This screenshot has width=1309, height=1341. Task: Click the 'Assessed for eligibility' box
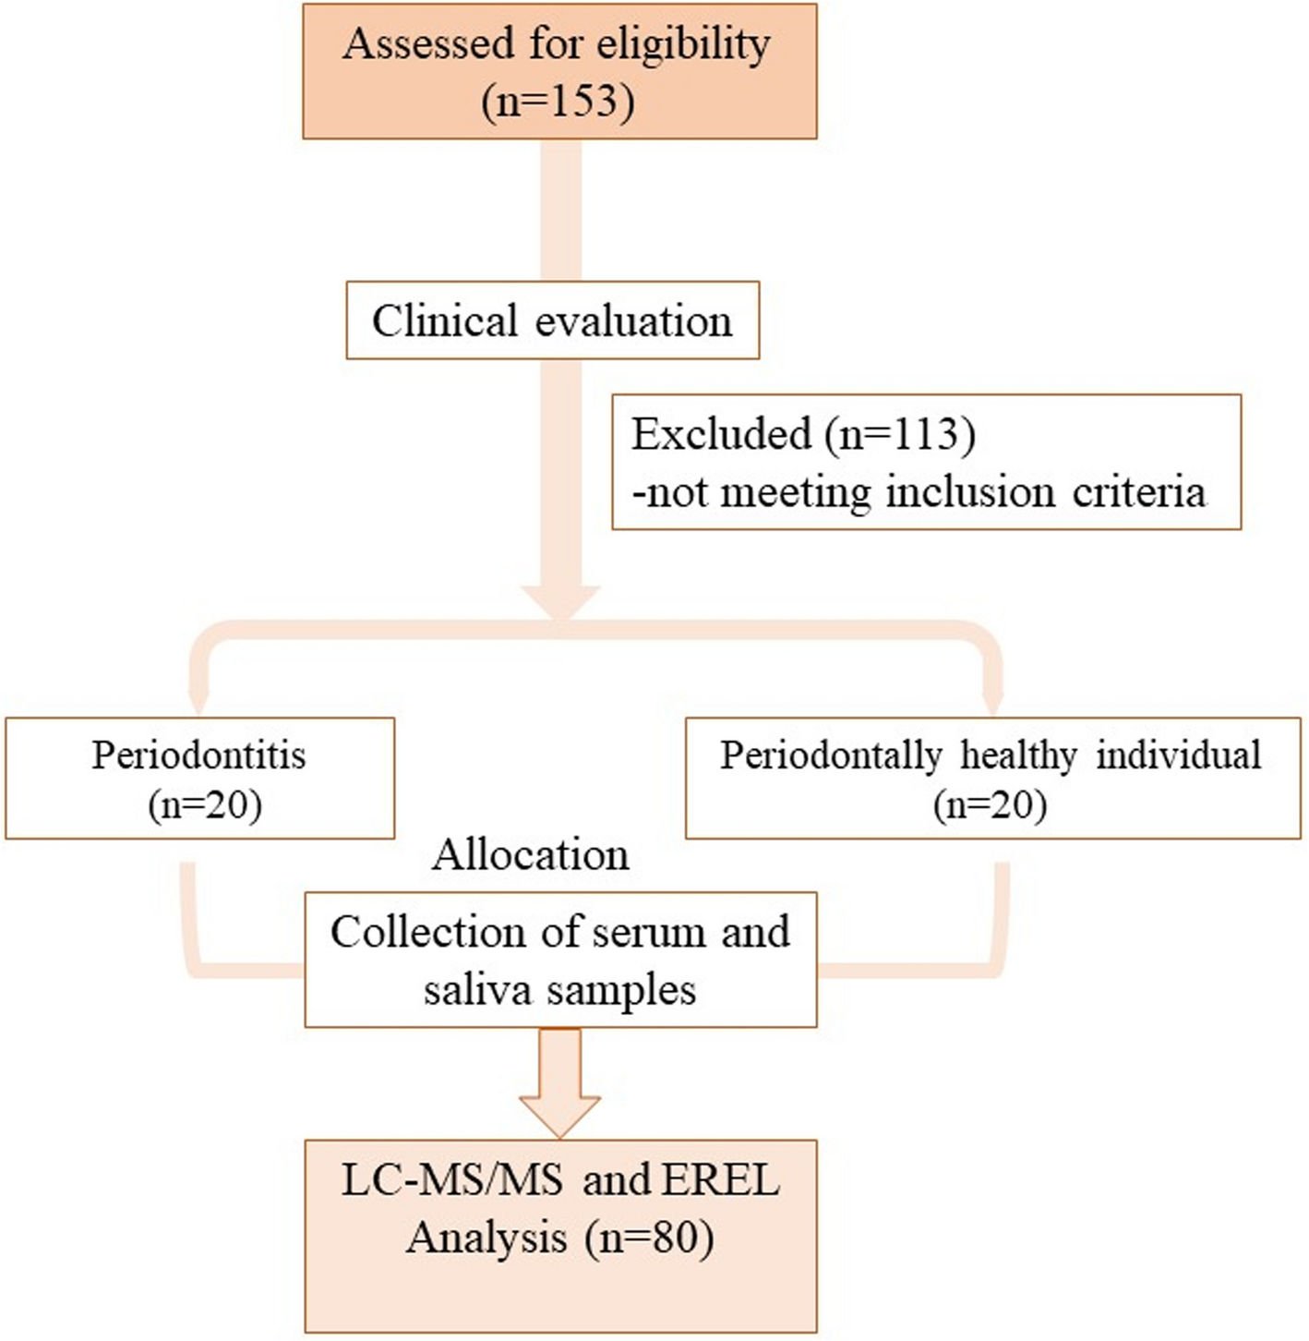(x=559, y=72)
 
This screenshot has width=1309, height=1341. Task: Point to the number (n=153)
(x=558, y=101)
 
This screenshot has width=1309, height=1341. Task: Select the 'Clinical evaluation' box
(x=552, y=320)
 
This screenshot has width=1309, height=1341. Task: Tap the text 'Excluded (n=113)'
(x=803, y=434)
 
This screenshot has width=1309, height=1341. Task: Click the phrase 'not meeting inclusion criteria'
(x=926, y=491)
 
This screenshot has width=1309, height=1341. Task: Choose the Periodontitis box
(x=199, y=779)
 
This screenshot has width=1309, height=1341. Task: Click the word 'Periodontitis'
(x=198, y=755)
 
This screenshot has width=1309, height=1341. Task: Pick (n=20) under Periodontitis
(x=205, y=805)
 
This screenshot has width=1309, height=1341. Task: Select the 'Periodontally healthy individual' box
(x=992, y=779)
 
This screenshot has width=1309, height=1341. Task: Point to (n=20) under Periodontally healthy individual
(x=990, y=805)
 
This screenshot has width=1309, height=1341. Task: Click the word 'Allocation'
(x=531, y=855)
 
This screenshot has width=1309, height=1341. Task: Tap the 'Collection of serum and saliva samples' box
(x=560, y=960)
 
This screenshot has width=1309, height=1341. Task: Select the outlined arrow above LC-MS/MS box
(x=559, y=1082)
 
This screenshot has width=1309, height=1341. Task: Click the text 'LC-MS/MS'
(x=452, y=1181)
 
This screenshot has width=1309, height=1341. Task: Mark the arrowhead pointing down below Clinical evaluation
(x=560, y=602)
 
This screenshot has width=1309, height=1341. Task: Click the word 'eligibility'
(x=681, y=43)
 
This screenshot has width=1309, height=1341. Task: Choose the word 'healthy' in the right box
(x=1018, y=755)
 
